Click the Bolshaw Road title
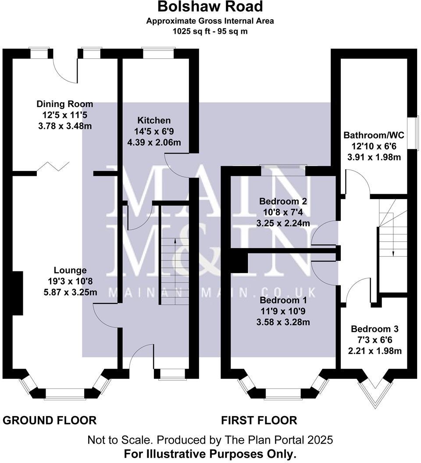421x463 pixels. [x=210, y=7]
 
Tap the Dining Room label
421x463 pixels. [x=65, y=104]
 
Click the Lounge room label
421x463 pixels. [x=70, y=270]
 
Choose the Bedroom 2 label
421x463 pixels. [x=283, y=202]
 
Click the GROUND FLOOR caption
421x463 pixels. [x=50, y=420]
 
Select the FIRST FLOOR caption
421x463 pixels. [x=259, y=420]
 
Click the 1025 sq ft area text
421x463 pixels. [x=210, y=32]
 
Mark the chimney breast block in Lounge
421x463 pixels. [x=17, y=293]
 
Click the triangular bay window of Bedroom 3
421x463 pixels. [x=374, y=392]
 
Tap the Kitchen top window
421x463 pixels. [x=158, y=53]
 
